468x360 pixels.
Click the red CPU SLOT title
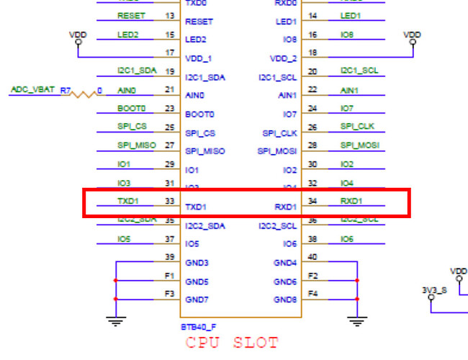232,343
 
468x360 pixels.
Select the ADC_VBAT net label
32,90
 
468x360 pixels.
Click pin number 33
170,202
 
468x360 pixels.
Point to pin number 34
312,202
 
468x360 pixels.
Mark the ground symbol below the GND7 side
115,322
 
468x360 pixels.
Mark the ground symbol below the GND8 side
356,322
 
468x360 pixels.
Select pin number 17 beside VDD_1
170,53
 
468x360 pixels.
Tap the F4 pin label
312,293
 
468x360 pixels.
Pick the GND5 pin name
197,282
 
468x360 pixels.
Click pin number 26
312,127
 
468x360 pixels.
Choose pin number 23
170,109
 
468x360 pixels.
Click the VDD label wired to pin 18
412,34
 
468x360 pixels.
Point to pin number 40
312,257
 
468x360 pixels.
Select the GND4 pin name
285,263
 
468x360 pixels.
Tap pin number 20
312,71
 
